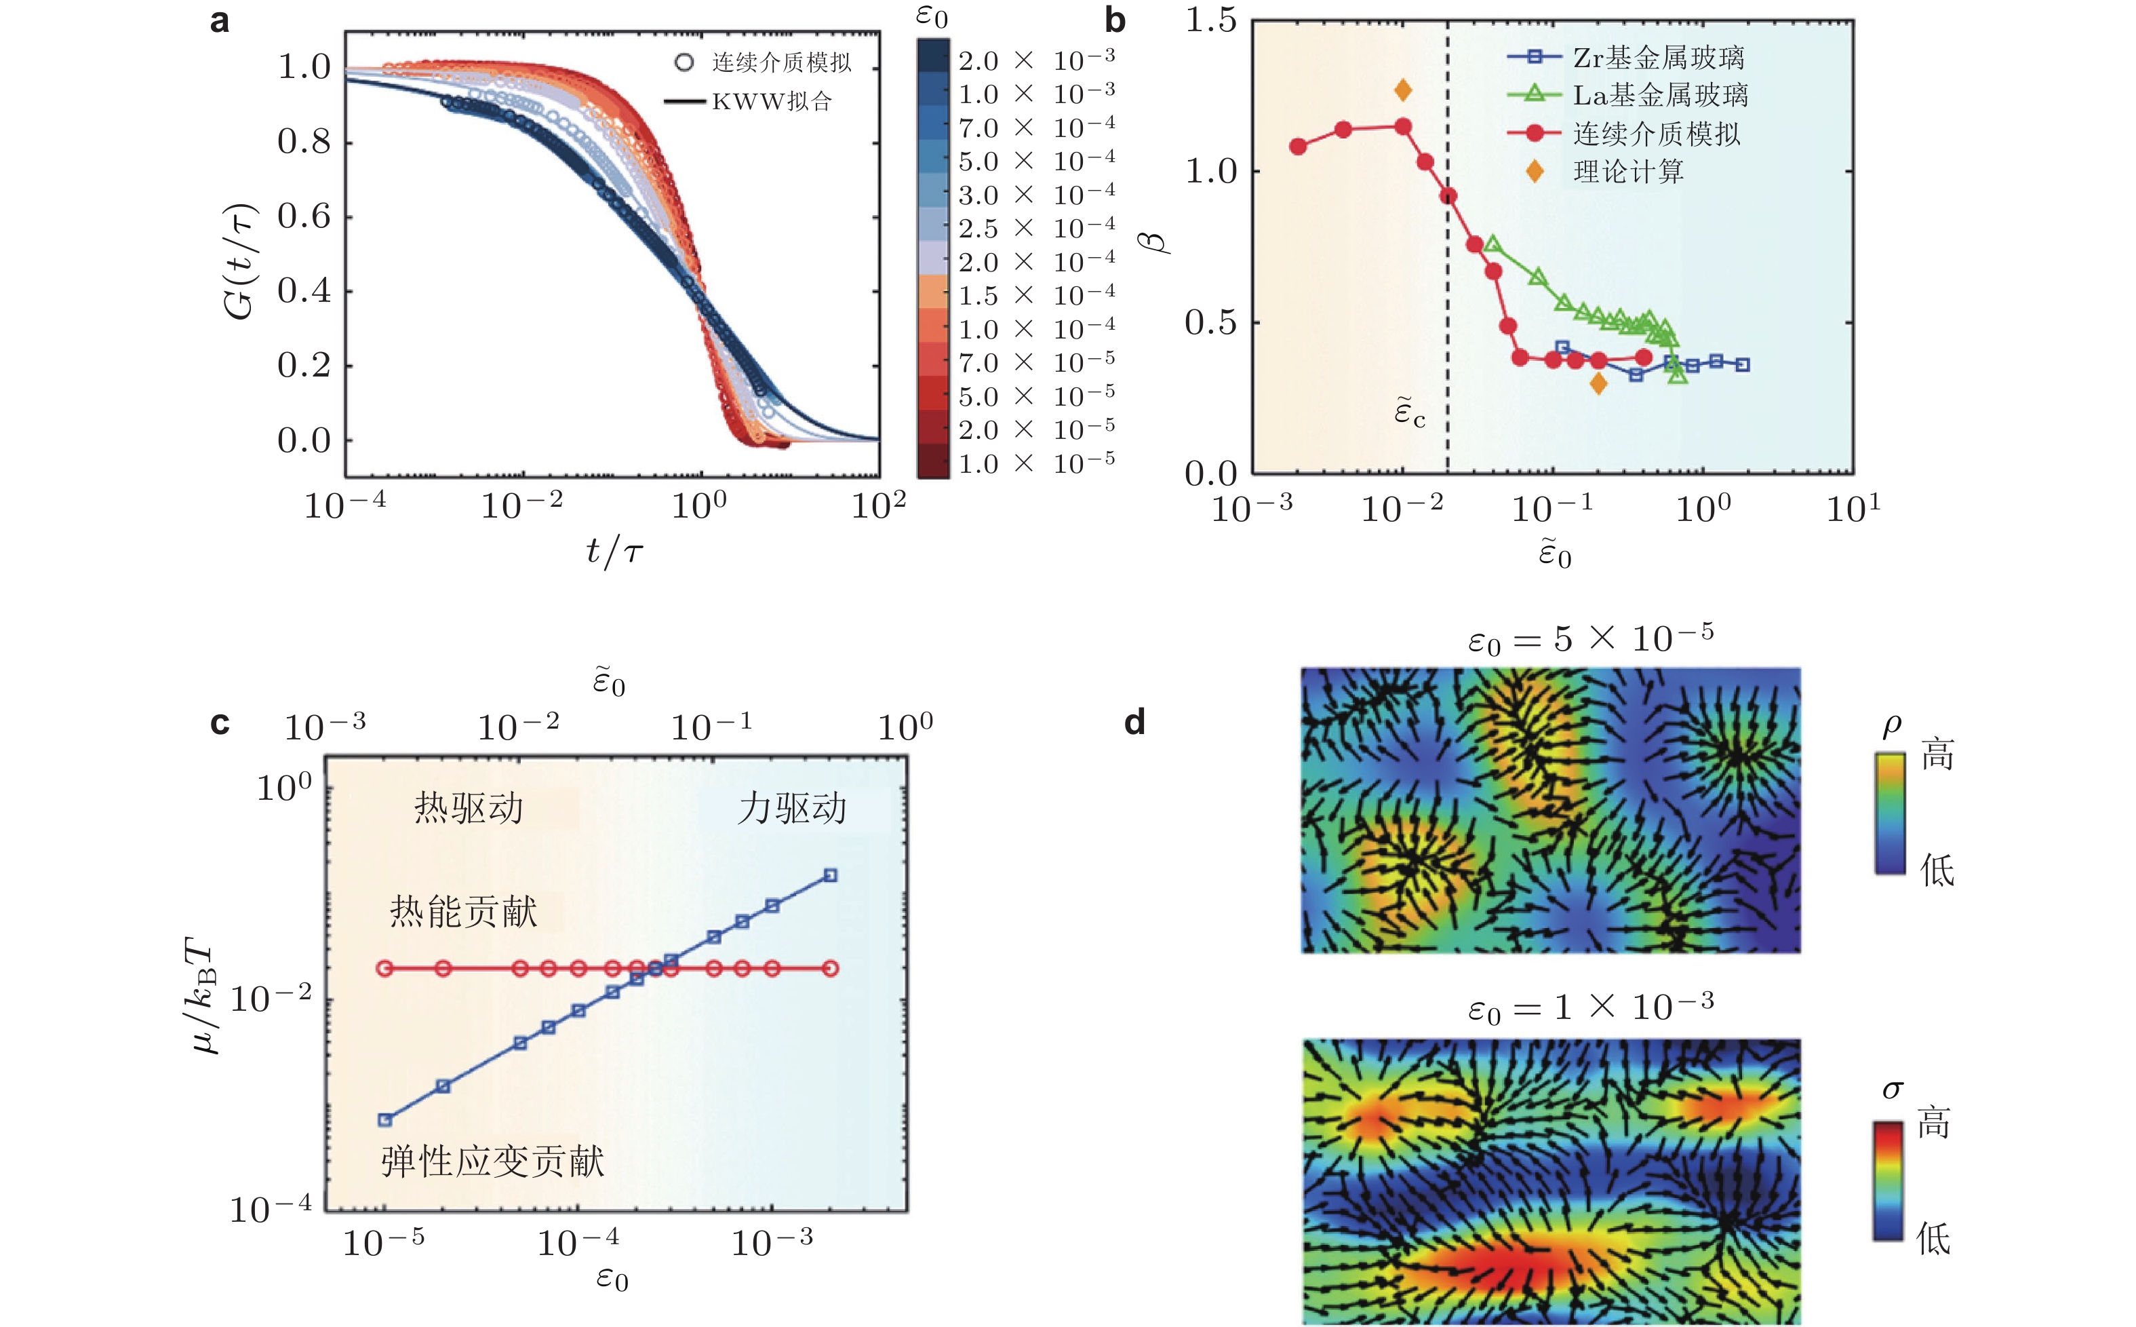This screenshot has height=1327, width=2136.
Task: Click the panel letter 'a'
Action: click(219, 21)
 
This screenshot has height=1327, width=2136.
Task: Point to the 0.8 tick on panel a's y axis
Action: click(304, 142)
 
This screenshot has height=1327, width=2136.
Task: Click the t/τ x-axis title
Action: click(614, 551)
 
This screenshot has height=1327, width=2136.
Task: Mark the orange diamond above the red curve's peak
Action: click(1403, 90)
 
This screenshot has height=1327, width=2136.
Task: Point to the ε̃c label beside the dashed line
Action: click(1410, 412)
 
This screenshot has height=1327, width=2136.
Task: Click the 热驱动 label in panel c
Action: click(469, 808)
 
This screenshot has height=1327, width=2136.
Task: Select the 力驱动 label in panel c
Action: click(791, 808)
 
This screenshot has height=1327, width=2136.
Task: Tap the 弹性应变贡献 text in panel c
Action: click(492, 1162)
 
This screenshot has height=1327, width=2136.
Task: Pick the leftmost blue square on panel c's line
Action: click(384, 1120)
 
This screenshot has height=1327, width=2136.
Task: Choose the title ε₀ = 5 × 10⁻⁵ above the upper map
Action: click(1589, 639)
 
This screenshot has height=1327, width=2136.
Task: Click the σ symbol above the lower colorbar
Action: click(1892, 1090)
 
